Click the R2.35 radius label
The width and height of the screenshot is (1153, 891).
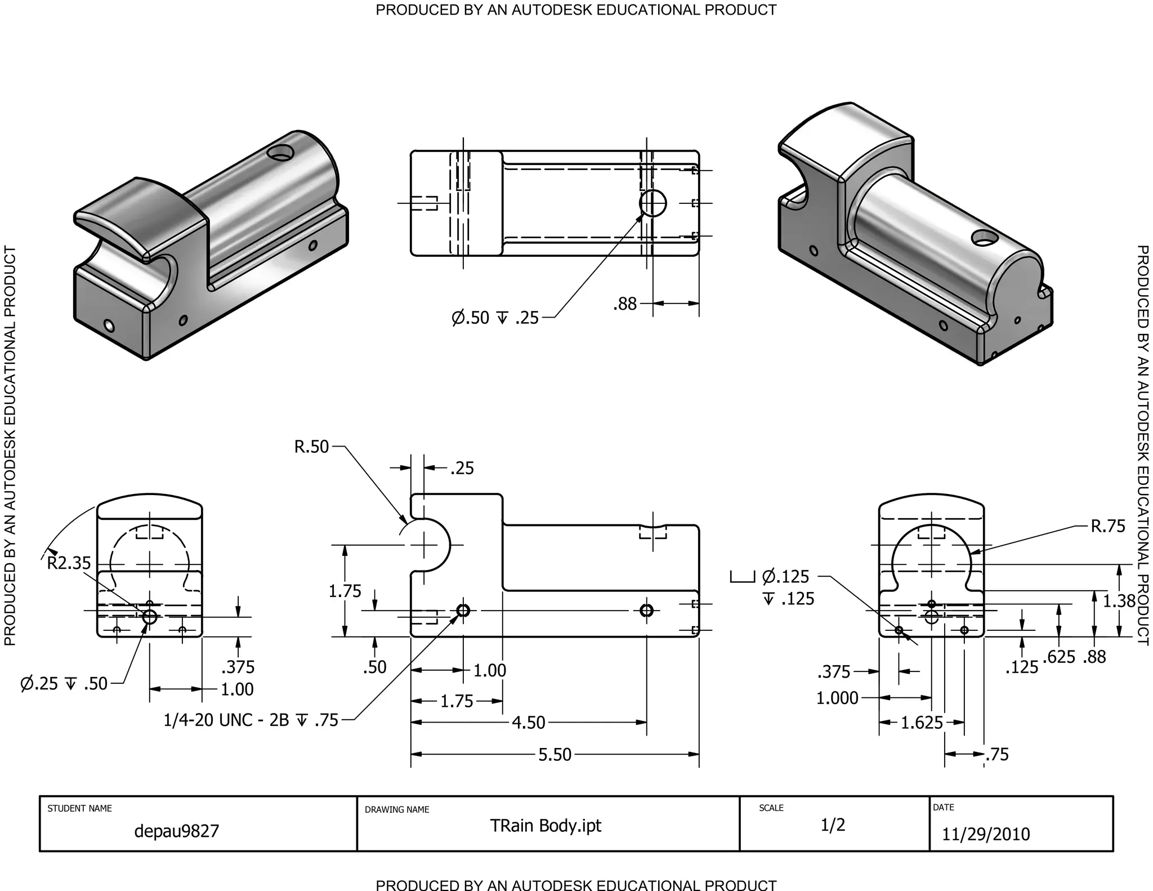click(x=69, y=563)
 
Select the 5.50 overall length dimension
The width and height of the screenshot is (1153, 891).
click(x=555, y=754)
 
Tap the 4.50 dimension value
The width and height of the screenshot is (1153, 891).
click(x=528, y=722)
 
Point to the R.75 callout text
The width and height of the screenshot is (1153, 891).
click(x=1107, y=526)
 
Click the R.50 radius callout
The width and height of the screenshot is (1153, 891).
click(x=311, y=447)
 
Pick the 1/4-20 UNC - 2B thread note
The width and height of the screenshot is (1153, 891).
click(x=251, y=720)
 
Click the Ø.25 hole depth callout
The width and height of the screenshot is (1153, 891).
click(x=64, y=683)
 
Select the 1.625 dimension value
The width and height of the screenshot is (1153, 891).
click(x=922, y=722)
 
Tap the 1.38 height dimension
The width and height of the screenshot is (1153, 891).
click(x=1119, y=601)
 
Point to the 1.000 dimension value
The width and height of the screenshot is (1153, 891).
click(x=837, y=698)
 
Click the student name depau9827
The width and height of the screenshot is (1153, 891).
click(x=176, y=831)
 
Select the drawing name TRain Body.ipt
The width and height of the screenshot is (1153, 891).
click(x=545, y=826)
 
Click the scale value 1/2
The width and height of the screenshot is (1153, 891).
click(x=833, y=825)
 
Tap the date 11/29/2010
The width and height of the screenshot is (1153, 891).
click(x=986, y=834)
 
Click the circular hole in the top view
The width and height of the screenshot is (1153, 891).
click(x=653, y=203)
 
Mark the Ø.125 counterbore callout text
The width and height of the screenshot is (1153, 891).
click(x=785, y=577)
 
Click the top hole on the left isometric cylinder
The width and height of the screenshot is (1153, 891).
click(x=281, y=152)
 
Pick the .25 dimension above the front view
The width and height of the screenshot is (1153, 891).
click(x=462, y=468)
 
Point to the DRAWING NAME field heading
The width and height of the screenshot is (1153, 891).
click(x=397, y=809)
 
